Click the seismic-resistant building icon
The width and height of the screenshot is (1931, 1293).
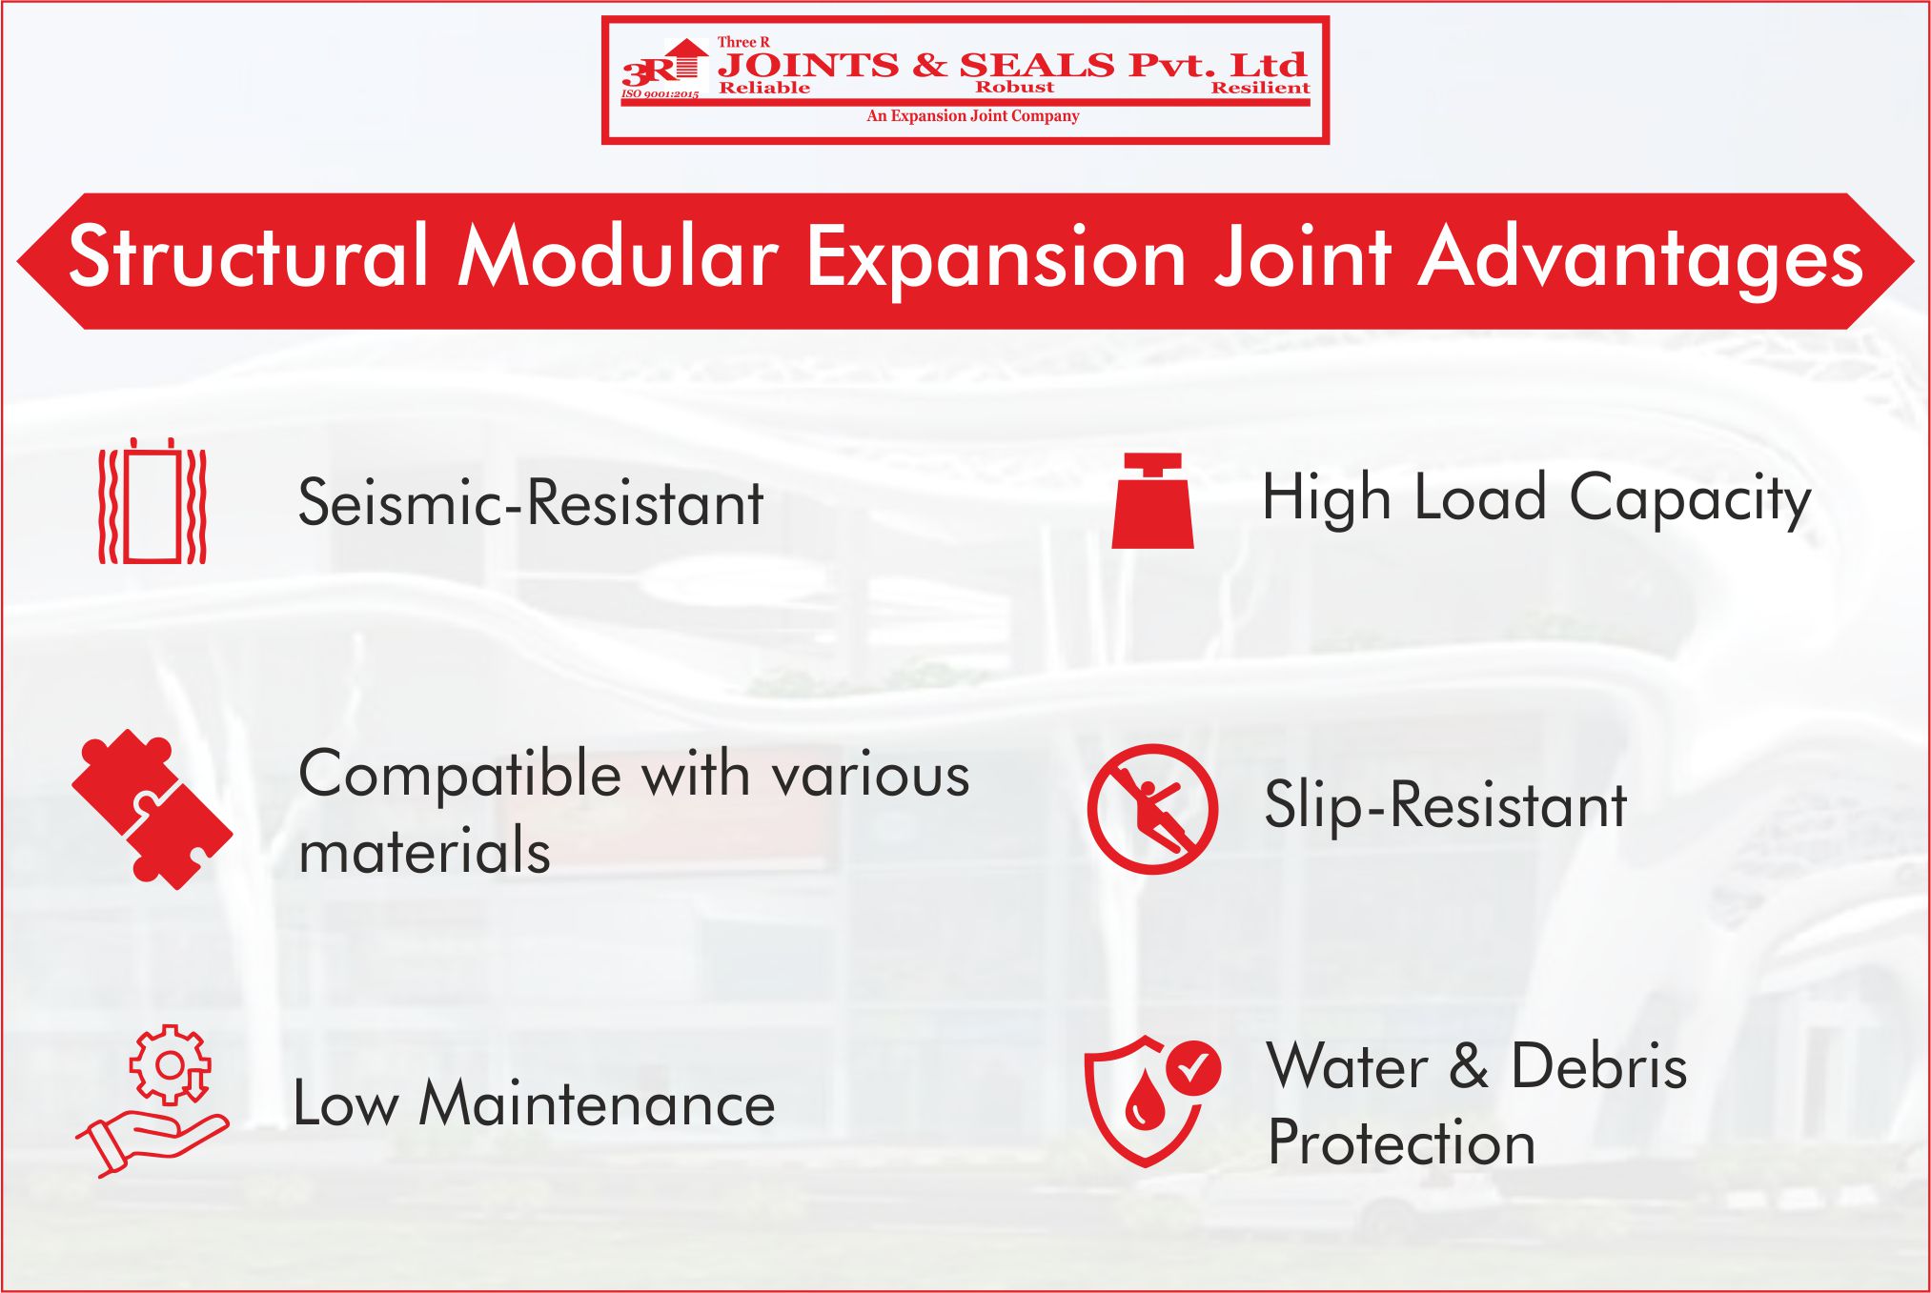coord(152,502)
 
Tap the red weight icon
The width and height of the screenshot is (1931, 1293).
coord(1152,502)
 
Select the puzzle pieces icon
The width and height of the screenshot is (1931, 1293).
coord(152,809)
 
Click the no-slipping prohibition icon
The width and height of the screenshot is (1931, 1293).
coord(1152,809)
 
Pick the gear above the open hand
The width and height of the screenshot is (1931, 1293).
coord(170,1064)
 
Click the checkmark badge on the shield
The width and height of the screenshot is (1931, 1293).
coord(1191,1067)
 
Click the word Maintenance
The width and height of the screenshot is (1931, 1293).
coord(597,1104)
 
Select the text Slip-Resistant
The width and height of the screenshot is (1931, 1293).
coord(1445,806)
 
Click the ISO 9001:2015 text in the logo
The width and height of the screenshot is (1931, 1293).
coord(660,94)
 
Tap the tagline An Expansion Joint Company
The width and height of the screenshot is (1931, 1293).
coord(972,116)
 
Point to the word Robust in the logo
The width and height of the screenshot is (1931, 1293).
coord(1014,88)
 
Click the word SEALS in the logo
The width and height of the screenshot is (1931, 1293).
coord(1036,65)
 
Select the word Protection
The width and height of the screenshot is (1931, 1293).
coord(1401,1142)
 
